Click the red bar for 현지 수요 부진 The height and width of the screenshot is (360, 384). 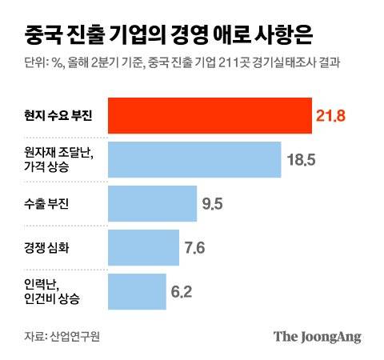209,117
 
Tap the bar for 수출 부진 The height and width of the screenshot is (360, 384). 151,204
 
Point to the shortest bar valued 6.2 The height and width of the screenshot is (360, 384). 136,291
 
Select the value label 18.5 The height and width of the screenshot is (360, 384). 302,160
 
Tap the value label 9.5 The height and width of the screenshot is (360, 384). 212,204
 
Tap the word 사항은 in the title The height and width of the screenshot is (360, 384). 283,35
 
